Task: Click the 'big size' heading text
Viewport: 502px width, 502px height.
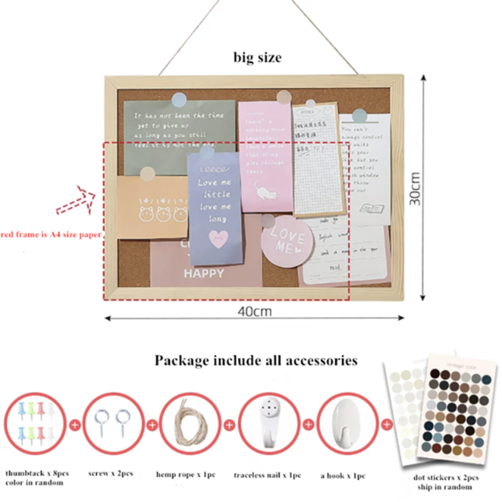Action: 257,57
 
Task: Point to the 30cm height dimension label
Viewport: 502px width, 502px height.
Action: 417,188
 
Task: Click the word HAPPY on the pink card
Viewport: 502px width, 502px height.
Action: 204,274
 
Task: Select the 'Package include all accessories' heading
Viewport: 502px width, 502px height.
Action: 256,361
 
